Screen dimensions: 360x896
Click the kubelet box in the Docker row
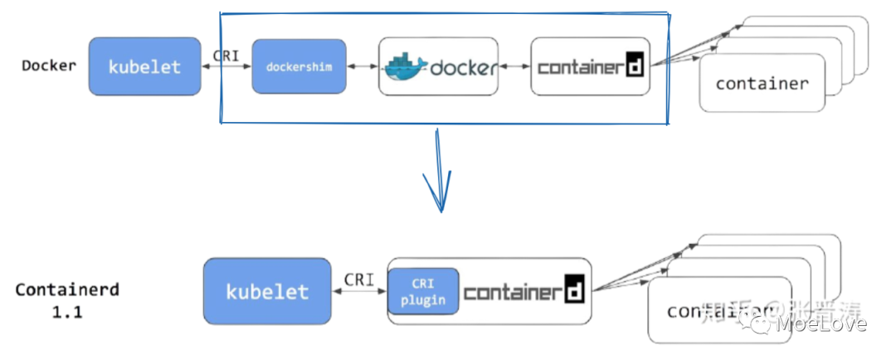[x=144, y=66]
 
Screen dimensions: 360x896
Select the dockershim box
[x=298, y=66]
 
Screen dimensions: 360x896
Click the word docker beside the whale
[x=464, y=67]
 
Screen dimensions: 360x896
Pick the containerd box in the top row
[x=590, y=66]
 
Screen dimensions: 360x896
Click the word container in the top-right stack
[x=762, y=84]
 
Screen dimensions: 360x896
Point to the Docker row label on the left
[x=48, y=66]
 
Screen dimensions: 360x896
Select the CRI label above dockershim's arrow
[x=226, y=55]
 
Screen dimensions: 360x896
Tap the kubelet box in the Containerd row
[x=267, y=291]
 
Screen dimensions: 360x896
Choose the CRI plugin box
[x=423, y=292]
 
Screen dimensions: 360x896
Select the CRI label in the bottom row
[x=359, y=279]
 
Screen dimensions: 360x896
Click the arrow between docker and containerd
[x=514, y=66]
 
